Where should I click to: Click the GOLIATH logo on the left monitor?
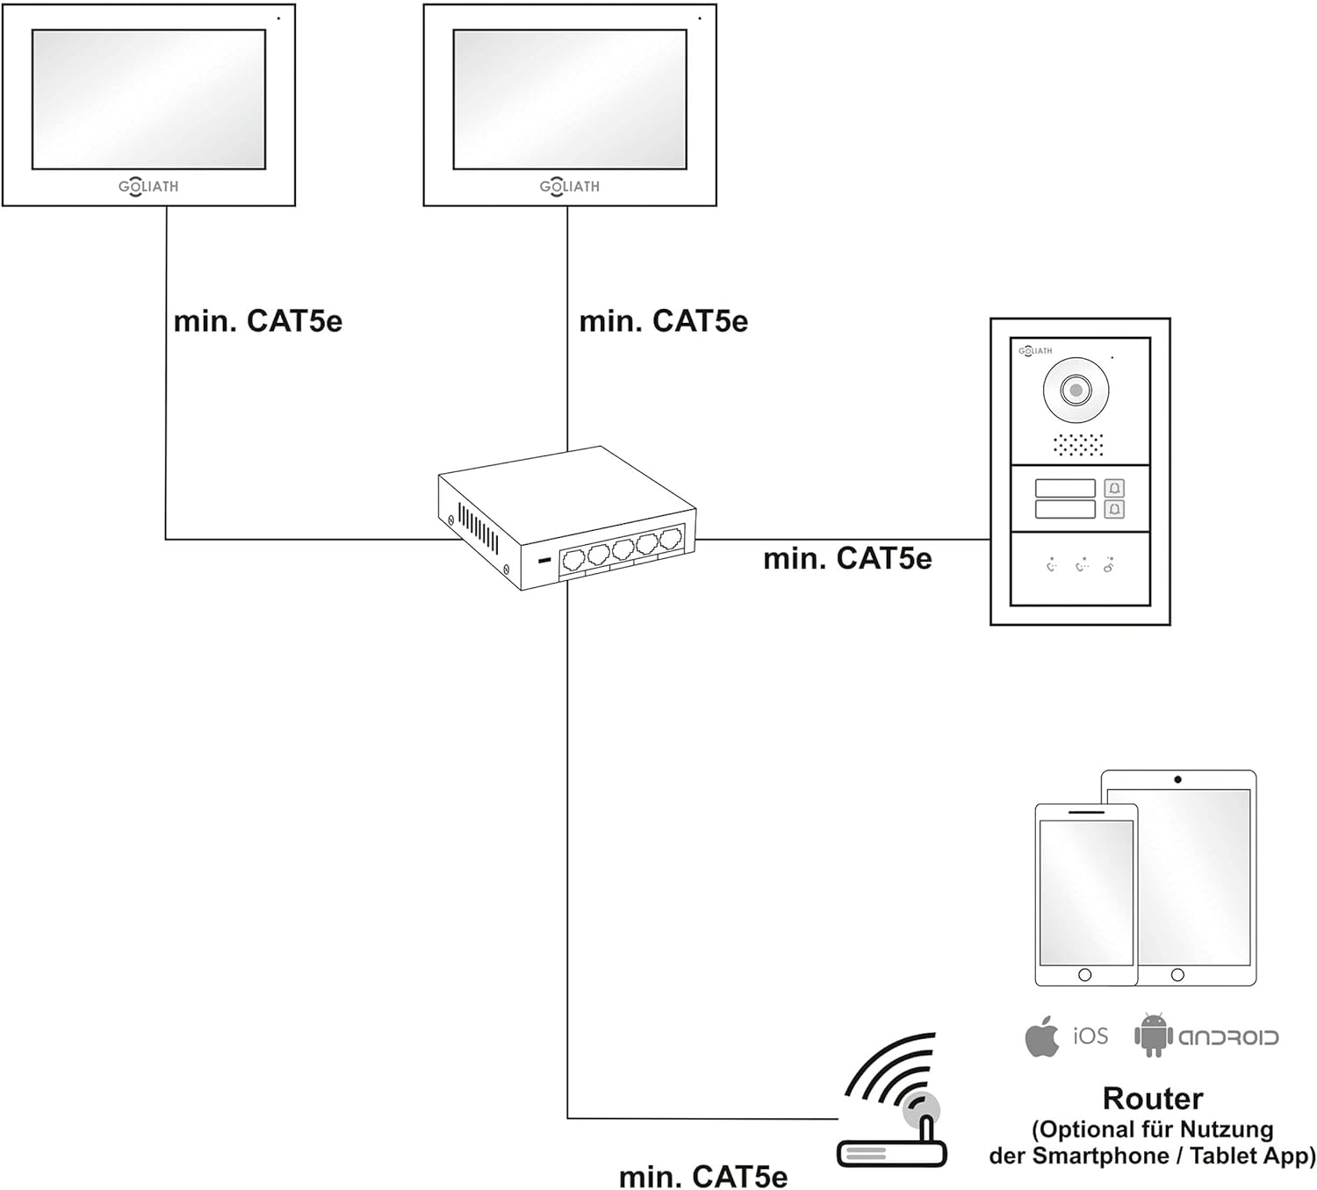tap(148, 186)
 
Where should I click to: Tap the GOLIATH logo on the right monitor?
tap(570, 186)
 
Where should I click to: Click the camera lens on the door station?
tap(1076, 389)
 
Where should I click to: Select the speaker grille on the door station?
tap(1078, 445)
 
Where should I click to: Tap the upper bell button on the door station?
tap(1114, 488)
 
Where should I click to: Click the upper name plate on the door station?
tap(1065, 488)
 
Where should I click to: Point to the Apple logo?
tap(1042, 1037)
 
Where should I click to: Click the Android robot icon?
tap(1153, 1035)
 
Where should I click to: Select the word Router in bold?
tap(1153, 1098)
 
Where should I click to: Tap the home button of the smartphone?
tap(1085, 975)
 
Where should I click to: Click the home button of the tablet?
tap(1177, 975)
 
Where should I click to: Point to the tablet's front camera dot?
tap(1177, 779)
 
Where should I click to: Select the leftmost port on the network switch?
tap(573, 560)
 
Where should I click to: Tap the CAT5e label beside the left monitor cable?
tap(258, 321)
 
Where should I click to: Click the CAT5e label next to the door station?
tap(847, 558)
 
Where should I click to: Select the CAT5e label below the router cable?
tap(703, 1176)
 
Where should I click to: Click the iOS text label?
tap(1090, 1036)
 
